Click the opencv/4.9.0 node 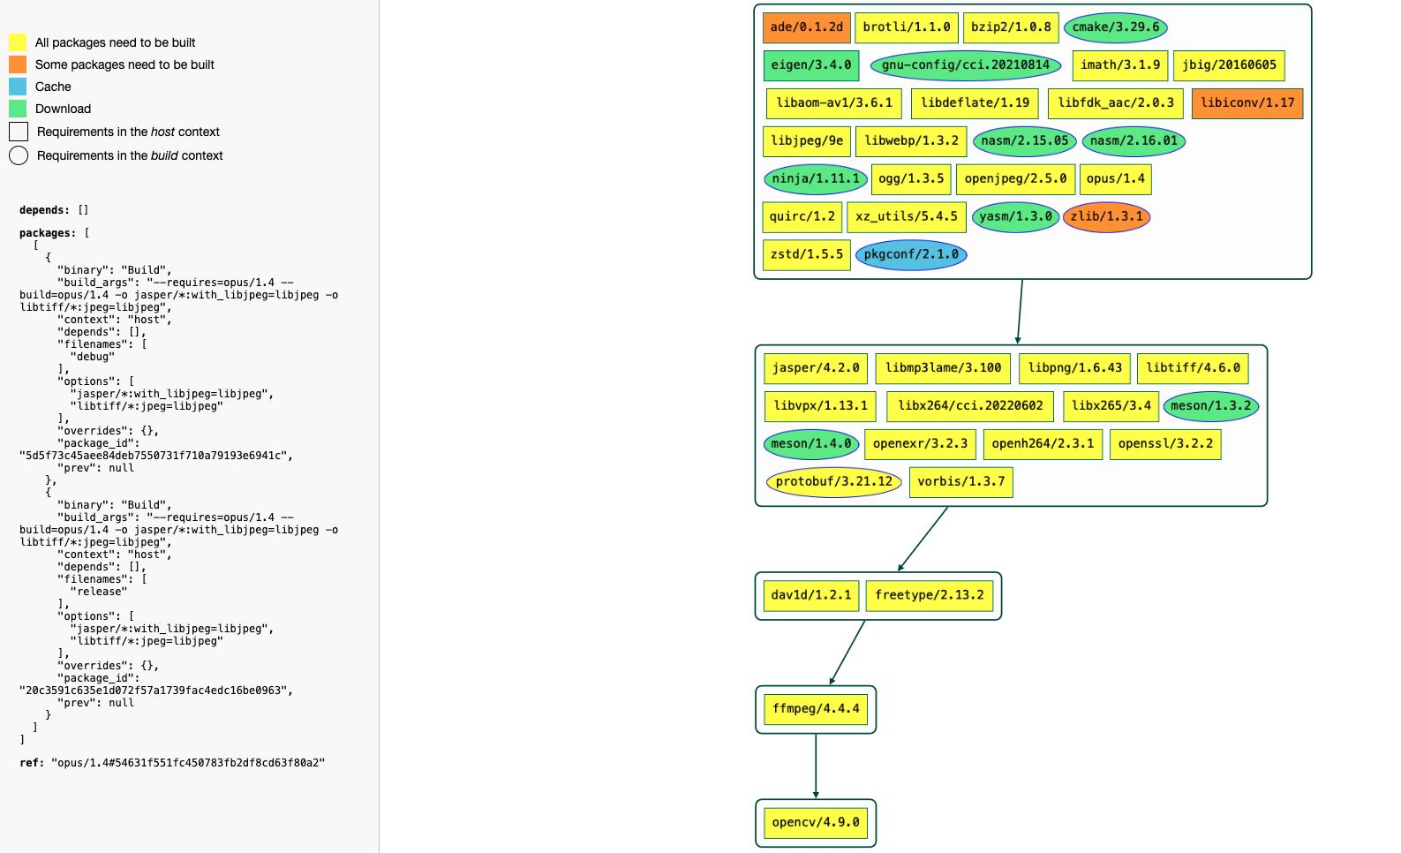point(815,823)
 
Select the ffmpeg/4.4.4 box point(815,709)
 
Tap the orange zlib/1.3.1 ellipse point(1106,217)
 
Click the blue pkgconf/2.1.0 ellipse point(911,255)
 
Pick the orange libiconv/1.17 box point(1247,103)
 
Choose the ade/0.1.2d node point(806,27)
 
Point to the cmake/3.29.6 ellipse point(1115,27)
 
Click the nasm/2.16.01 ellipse point(1133,141)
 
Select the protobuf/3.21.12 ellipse point(833,482)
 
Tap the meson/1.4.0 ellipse point(810,444)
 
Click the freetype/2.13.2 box point(929,595)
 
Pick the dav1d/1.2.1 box point(810,595)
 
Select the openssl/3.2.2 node point(1164,444)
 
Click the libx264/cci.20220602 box point(969,406)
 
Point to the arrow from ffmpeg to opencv point(816,766)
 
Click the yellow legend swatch point(18,42)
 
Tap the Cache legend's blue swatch point(18,87)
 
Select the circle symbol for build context point(19,155)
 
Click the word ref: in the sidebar point(32,763)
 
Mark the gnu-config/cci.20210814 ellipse point(965,65)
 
